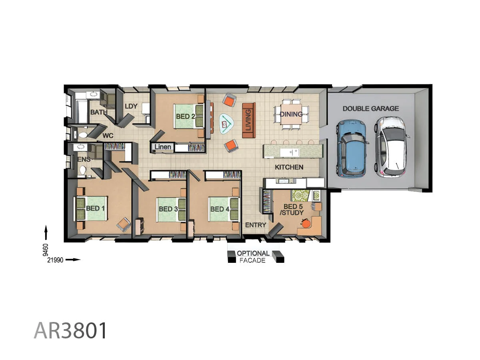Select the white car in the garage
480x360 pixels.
point(391,146)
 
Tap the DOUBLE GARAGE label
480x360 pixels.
point(370,108)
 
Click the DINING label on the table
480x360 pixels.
point(291,114)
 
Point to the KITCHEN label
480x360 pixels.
point(289,167)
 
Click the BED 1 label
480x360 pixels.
point(95,208)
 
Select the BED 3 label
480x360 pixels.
point(168,209)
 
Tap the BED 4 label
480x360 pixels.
point(220,209)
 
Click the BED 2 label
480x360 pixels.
point(186,117)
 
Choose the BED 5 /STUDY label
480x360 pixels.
point(293,210)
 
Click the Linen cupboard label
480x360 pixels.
point(162,147)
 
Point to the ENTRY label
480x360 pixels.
point(256,225)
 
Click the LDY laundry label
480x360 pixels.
point(131,106)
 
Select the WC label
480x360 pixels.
point(108,136)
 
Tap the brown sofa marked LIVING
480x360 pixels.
point(248,120)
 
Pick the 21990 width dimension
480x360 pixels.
point(56,260)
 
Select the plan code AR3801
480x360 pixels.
point(71,330)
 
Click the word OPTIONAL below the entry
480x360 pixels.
point(253,254)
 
